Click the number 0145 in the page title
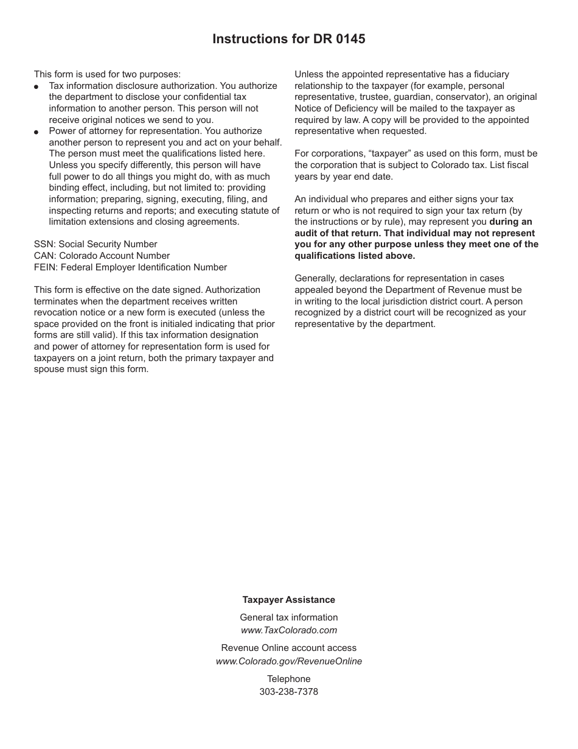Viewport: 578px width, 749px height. [x=349, y=39]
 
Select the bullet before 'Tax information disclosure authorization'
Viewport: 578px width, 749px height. [x=37, y=87]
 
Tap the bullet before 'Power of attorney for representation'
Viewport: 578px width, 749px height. [x=37, y=132]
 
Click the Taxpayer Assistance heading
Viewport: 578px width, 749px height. [x=288, y=600]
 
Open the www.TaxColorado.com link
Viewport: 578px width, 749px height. [x=288, y=630]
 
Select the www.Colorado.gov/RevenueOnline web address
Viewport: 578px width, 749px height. [x=288, y=661]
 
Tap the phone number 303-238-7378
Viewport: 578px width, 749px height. [x=288, y=692]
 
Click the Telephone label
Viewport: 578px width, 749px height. [x=288, y=679]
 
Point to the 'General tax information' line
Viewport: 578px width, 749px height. [x=288, y=617]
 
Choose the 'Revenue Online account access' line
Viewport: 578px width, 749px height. [x=288, y=648]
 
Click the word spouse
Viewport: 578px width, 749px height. [x=48, y=369]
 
